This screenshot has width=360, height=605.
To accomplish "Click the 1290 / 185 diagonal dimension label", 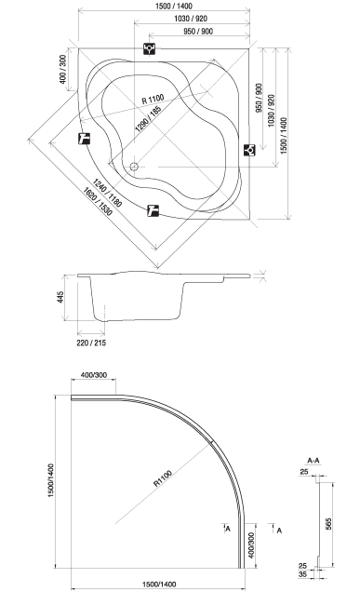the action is click(148, 119).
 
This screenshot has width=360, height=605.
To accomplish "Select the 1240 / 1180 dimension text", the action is click(107, 194).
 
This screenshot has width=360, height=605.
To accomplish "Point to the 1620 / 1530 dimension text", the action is click(98, 201).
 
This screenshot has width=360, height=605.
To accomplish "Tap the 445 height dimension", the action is click(60, 297).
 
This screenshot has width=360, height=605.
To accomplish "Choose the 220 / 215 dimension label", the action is click(91, 343).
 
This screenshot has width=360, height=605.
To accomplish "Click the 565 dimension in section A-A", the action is click(328, 524).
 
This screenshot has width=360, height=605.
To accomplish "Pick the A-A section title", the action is click(313, 461).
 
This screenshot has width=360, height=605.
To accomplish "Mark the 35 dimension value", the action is click(303, 574).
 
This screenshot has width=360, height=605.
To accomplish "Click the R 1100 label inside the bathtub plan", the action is click(153, 100).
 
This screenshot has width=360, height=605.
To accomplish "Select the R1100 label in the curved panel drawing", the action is click(163, 478).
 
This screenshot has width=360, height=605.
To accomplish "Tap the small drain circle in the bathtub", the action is click(134, 167).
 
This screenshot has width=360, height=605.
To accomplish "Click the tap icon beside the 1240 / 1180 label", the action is click(153, 210).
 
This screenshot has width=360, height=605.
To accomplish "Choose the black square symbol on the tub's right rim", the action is click(249, 150).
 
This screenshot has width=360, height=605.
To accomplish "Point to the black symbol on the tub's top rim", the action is click(149, 48).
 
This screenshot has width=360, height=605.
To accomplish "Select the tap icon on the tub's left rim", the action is click(84, 138).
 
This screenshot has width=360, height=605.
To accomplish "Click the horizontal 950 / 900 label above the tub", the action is click(198, 32).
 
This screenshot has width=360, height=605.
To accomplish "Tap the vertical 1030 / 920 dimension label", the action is click(272, 111).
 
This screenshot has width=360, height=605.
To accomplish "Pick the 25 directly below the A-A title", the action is click(304, 472).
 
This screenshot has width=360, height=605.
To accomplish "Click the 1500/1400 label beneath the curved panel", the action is click(159, 585).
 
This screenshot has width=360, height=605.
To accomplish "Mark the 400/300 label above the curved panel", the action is click(94, 375).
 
